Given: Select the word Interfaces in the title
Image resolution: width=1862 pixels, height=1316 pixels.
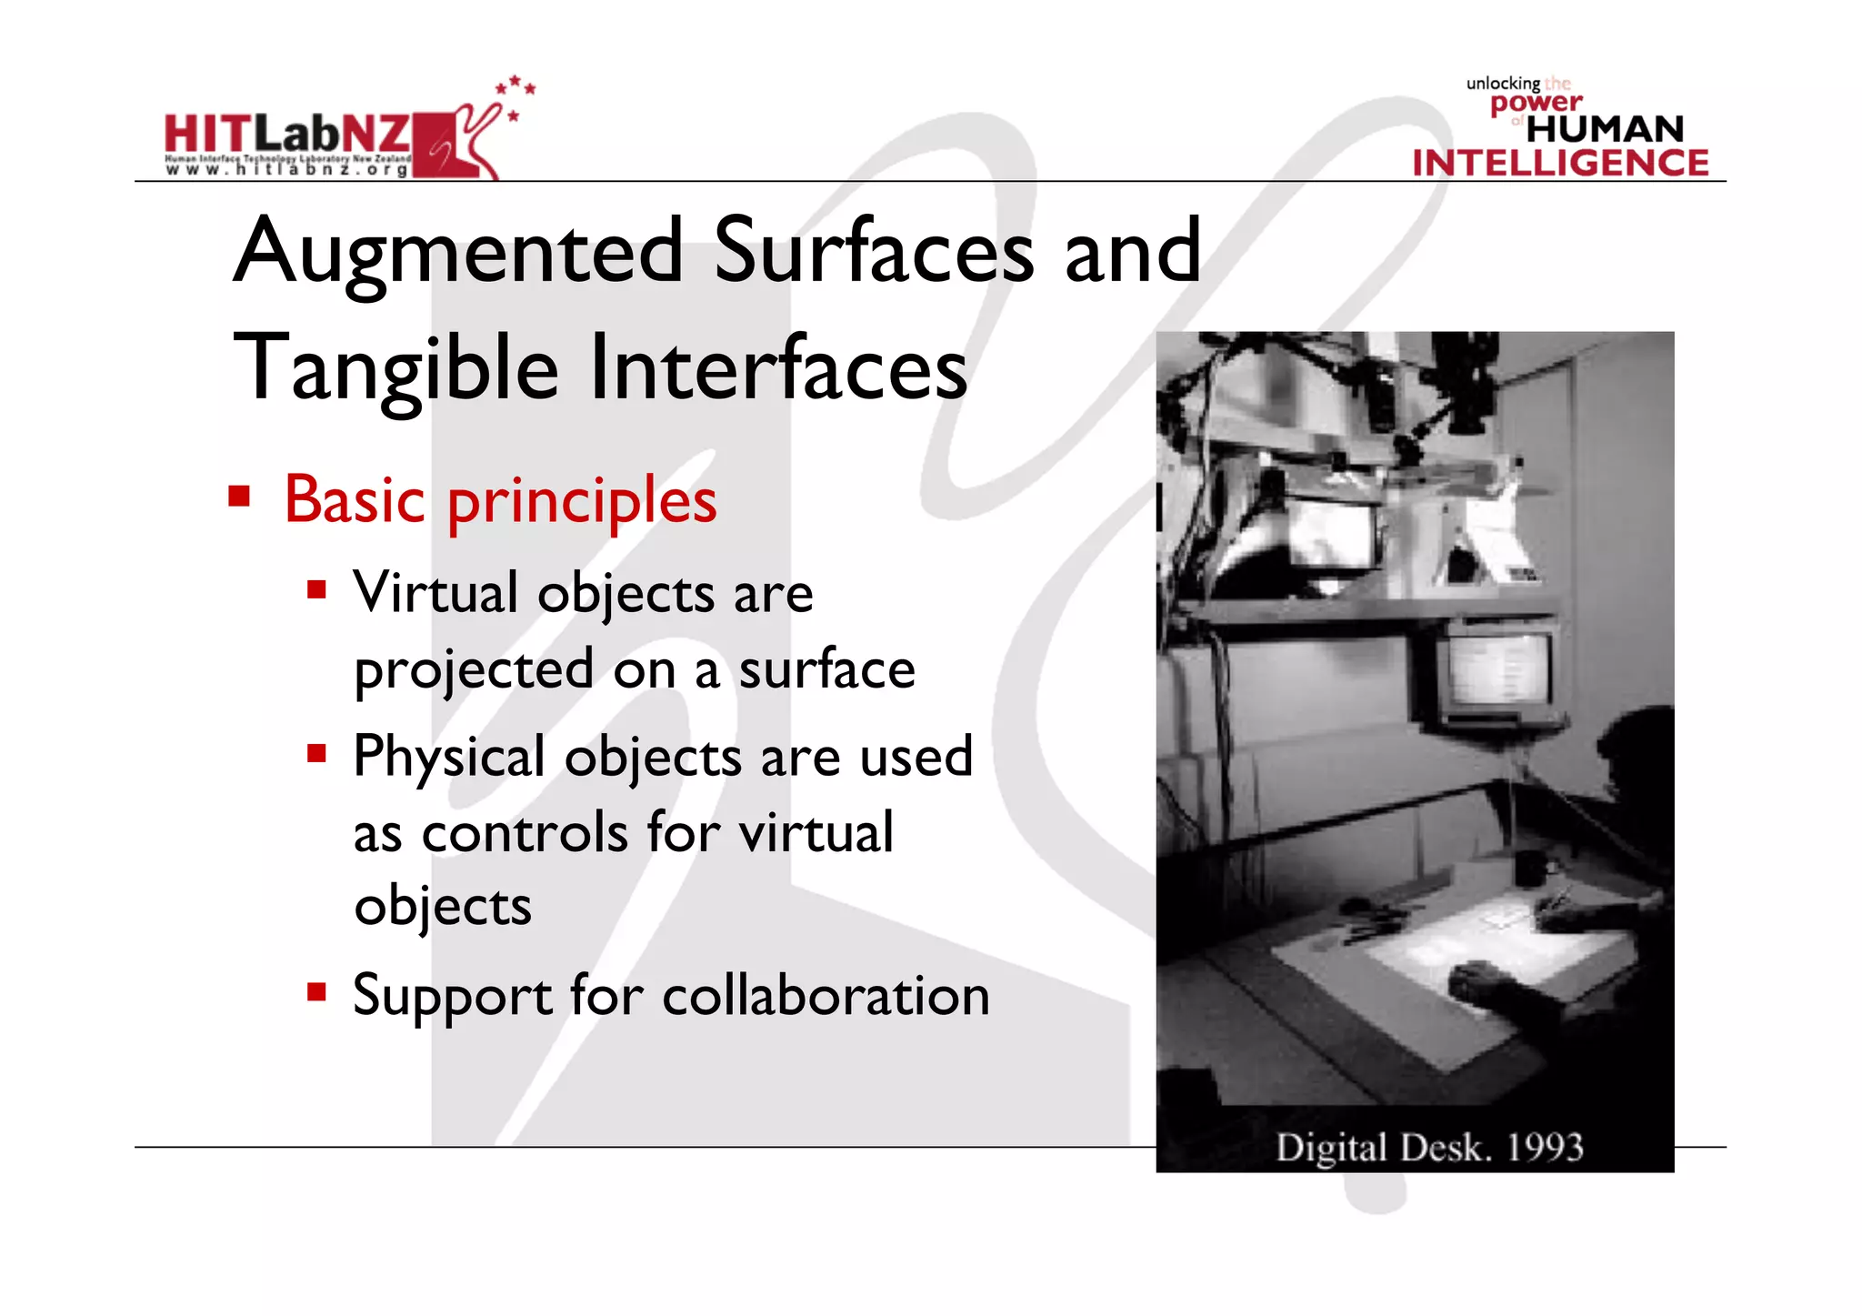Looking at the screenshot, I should (x=779, y=367).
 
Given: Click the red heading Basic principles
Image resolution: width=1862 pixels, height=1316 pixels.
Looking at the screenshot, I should (x=500, y=500).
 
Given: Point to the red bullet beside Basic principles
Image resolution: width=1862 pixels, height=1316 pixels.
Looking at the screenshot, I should (x=239, y=497).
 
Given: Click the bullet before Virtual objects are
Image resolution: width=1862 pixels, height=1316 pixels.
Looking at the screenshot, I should (x=316, y=591).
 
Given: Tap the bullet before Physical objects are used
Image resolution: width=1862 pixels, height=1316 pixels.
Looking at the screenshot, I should (x=316, y=753).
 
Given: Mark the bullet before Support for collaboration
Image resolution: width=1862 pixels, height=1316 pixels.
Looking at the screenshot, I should (x=316, y=991).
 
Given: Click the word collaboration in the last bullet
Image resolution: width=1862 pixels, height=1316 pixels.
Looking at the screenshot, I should (x=826, y=995).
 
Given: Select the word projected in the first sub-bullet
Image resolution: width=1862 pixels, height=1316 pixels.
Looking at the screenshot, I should (x=474, y=671).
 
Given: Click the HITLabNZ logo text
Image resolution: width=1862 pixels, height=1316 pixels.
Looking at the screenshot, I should (x=287, y=135).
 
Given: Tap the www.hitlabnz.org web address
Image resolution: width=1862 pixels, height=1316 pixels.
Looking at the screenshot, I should (x=287, y=170).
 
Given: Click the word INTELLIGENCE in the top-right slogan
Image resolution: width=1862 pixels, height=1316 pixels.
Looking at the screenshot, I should (x=1560, y=163).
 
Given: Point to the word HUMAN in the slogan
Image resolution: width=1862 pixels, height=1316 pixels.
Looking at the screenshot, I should (x=1605, y=129).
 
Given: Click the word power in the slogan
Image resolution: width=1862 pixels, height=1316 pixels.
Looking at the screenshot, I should (x=1536, y=103).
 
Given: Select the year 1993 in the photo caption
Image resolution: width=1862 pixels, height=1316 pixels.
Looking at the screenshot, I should (x=1545, y=1148).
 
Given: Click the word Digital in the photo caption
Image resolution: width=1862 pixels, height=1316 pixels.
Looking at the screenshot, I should (x=1331, y=1148).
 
